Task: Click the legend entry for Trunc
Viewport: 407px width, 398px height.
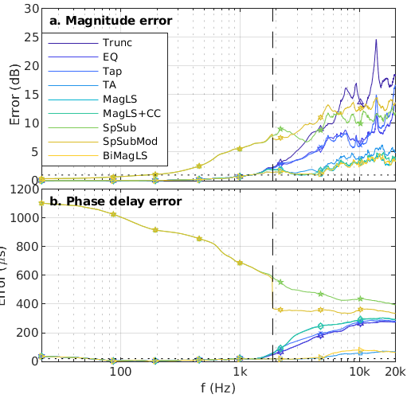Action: pos(117,42)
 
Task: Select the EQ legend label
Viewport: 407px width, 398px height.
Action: pos(110,57)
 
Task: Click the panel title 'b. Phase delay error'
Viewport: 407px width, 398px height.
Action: pos(115,201)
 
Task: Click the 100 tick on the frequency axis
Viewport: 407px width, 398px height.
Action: pos(119,373)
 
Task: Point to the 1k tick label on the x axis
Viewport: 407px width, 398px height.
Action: pos(240,373)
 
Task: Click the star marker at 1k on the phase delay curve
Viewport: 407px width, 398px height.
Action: pos(240,262)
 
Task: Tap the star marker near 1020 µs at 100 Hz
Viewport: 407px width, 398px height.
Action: pos(114,214)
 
